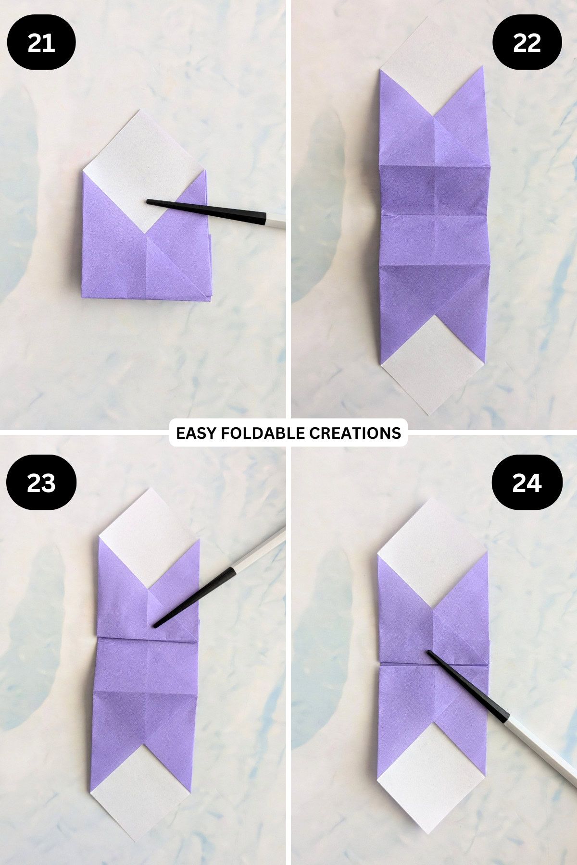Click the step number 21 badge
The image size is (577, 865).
pos(41,43)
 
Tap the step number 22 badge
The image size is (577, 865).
pos(527,43)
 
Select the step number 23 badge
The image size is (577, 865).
pos(41,482)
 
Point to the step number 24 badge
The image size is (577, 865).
pos(527,482)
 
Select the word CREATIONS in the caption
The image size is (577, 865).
pos(355,433)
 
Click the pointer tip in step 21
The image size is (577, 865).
pos(148,202)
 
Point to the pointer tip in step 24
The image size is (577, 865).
pos(428,652)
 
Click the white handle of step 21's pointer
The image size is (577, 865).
pos(276,222)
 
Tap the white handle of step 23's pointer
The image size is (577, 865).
pos(260,549)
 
